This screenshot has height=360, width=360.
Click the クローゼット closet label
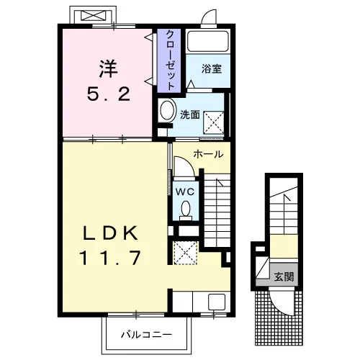[x=170, y=60]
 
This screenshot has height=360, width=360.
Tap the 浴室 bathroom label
[x=212, y=69]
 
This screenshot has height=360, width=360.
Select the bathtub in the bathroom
[x=208, y=41]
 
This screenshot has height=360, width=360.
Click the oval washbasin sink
[x=167, y=110]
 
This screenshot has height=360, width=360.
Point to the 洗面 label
[x=190, y=114]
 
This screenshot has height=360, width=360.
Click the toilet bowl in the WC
[x=186, y=210]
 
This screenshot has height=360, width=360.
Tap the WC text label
[x=185, y=192]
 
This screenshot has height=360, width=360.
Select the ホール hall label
[x=208, y=154]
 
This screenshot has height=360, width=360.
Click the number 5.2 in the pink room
[x=109, y=94]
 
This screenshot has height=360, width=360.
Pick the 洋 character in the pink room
[x=109, y=69]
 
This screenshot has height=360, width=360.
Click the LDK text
[x=111, y=233]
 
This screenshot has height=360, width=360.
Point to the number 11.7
[x=110, y=258]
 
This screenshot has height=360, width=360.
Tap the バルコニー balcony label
[x=146, y=334]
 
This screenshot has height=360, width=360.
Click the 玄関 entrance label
[x=284, y=276]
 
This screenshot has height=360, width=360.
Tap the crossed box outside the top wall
[x=93, y=15]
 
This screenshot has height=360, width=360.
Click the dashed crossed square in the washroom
[x=214, y=122]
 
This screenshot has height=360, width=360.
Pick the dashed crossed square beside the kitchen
[x=185, y=253]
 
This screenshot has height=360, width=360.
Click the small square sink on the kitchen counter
[x=217, y=302]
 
